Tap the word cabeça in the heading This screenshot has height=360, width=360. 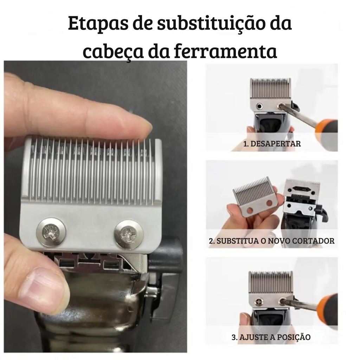112,52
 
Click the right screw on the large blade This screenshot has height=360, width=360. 128,234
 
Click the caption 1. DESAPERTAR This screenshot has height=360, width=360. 272,144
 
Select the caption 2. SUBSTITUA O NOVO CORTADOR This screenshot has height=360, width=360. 272,241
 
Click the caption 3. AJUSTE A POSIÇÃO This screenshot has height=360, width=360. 271,337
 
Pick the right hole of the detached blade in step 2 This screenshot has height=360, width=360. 269,203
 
